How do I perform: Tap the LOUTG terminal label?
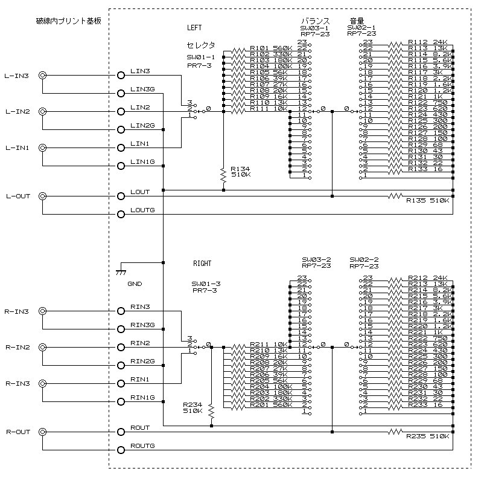pyautogui.click(x=142, y=210)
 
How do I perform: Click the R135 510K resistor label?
pyautogui.click(x=427, y=199)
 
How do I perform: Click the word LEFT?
pyautogui.click(x=194, y=28)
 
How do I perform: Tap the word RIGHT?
pyautogui.click(x=202, y=264)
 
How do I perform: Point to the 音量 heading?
pyautogui.click(x=356, y=21)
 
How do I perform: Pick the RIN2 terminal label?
pyautogui.click(x=140, y=343)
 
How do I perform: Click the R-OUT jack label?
pyautogui.click(x=18, y=432)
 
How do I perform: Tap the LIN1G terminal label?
pyautogui.click(x=142, y=161)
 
